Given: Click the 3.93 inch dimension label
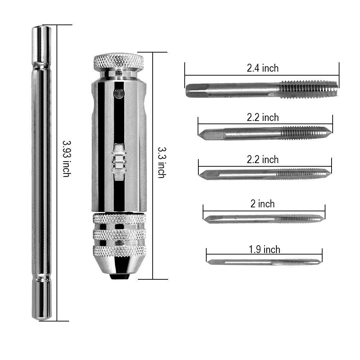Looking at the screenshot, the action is point(67,159).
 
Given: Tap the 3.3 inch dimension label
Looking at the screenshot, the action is point(162,163).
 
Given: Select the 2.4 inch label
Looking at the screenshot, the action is point(263,68).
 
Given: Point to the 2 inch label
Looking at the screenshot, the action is point(262,204).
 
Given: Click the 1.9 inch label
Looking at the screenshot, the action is point(265,249).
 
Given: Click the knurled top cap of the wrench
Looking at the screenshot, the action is point(119,61).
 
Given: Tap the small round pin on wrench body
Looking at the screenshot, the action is point(119,93).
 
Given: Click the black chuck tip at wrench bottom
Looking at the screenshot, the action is point(119,276).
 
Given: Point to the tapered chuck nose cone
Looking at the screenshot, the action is point(119,265).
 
